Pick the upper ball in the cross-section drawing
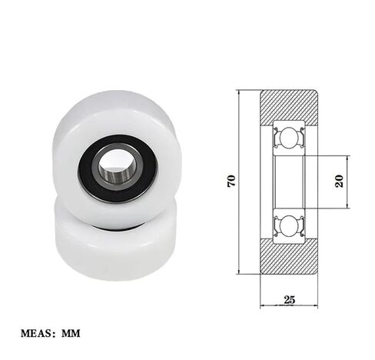coord(289,138)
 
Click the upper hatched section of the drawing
coord(289,105)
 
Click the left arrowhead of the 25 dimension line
coord(263,305)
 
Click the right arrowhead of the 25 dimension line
coord(315,305)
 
